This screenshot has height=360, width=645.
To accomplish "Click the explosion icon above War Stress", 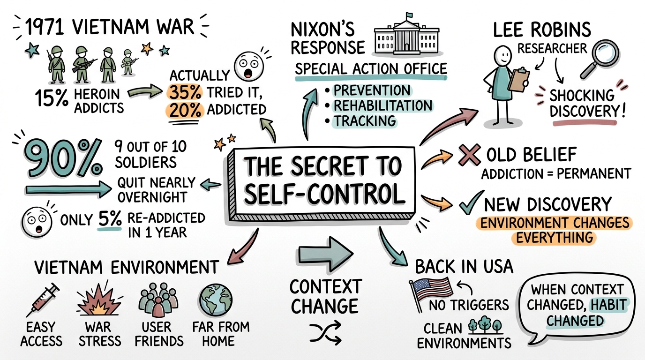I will (98, 300).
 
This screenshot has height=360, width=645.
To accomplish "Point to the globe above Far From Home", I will (213, 298).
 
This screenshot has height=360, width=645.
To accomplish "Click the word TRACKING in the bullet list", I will (365, 121).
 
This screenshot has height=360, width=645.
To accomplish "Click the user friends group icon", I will (156, 300).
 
